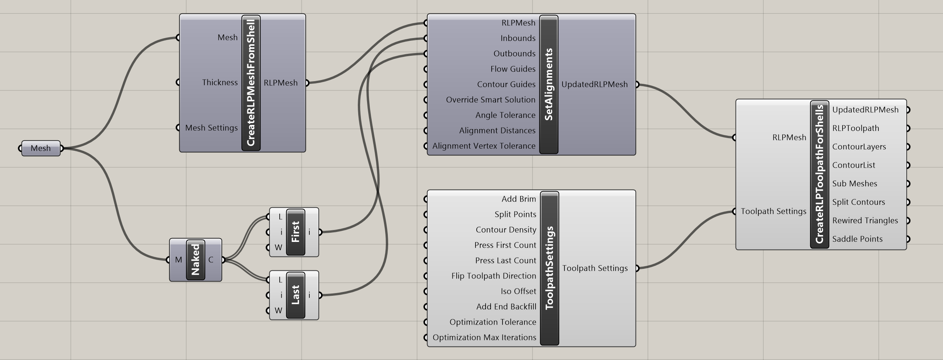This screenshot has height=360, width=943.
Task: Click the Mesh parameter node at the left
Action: [41, 148]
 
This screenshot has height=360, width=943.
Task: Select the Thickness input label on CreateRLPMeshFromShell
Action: [220, 83]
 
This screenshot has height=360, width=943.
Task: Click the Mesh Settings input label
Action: [211, 128]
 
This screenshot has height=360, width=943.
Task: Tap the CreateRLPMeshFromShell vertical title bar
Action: [251, 83]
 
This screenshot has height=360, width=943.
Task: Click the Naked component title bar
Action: [195, 260]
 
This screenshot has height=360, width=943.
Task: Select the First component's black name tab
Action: [295, 232]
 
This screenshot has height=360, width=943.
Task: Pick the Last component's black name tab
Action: [295, 295]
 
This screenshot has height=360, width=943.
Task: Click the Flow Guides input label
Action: [512, 69]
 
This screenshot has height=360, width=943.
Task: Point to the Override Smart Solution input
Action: [490, 100]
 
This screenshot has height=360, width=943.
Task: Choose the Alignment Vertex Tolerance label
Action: [484, 146]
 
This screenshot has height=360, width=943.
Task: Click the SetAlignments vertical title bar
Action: [549, 85]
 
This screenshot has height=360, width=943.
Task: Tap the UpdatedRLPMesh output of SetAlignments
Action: [594, 85]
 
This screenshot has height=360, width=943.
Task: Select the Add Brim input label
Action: [518, 199]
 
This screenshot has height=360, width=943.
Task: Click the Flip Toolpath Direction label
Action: [493, 276]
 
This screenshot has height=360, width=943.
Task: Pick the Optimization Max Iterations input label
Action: [484, 338]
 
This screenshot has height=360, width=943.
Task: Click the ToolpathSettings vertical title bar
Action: [549, 268]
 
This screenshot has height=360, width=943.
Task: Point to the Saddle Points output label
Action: [857, 239]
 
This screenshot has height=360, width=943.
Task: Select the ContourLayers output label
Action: [859, 147]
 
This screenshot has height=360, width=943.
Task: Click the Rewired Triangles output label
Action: [865, 221]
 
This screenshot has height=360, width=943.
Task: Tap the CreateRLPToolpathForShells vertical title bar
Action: [819, 175]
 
